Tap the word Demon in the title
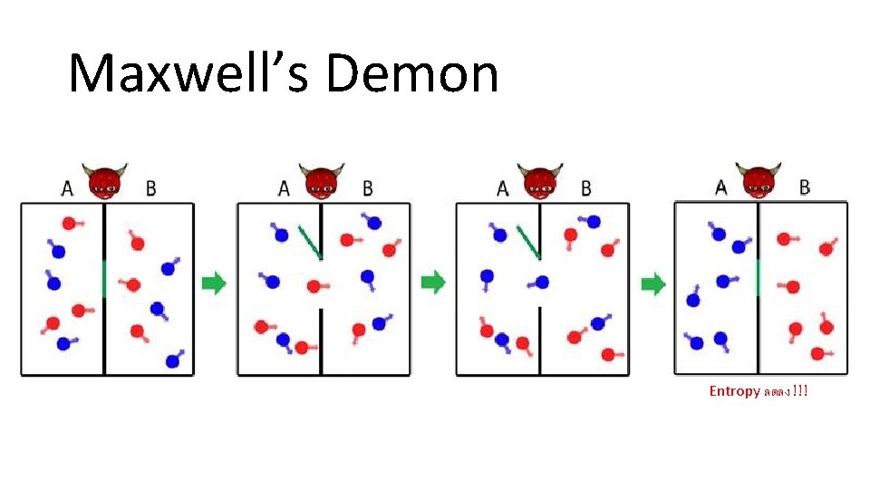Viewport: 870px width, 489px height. pos(411,74)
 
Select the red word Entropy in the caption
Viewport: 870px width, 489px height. pos(734,391)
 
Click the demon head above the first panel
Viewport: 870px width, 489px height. pos(105,182)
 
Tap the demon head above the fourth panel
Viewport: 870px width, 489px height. pos(758,180)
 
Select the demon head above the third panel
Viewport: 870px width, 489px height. pos(540,182)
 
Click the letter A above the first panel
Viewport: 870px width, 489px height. pos(67,188)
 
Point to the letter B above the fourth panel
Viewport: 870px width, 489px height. pos(805,187)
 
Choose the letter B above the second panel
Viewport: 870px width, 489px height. pos(367,188)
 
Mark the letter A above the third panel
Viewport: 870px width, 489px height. pos(503,188)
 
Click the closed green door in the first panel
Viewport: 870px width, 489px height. pos(104,278)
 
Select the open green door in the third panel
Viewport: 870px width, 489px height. pos(527,242)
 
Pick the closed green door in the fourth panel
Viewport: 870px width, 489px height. pos(758,277)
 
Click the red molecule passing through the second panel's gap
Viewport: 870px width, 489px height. pos(314,286)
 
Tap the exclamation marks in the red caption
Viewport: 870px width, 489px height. pos(799,391)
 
